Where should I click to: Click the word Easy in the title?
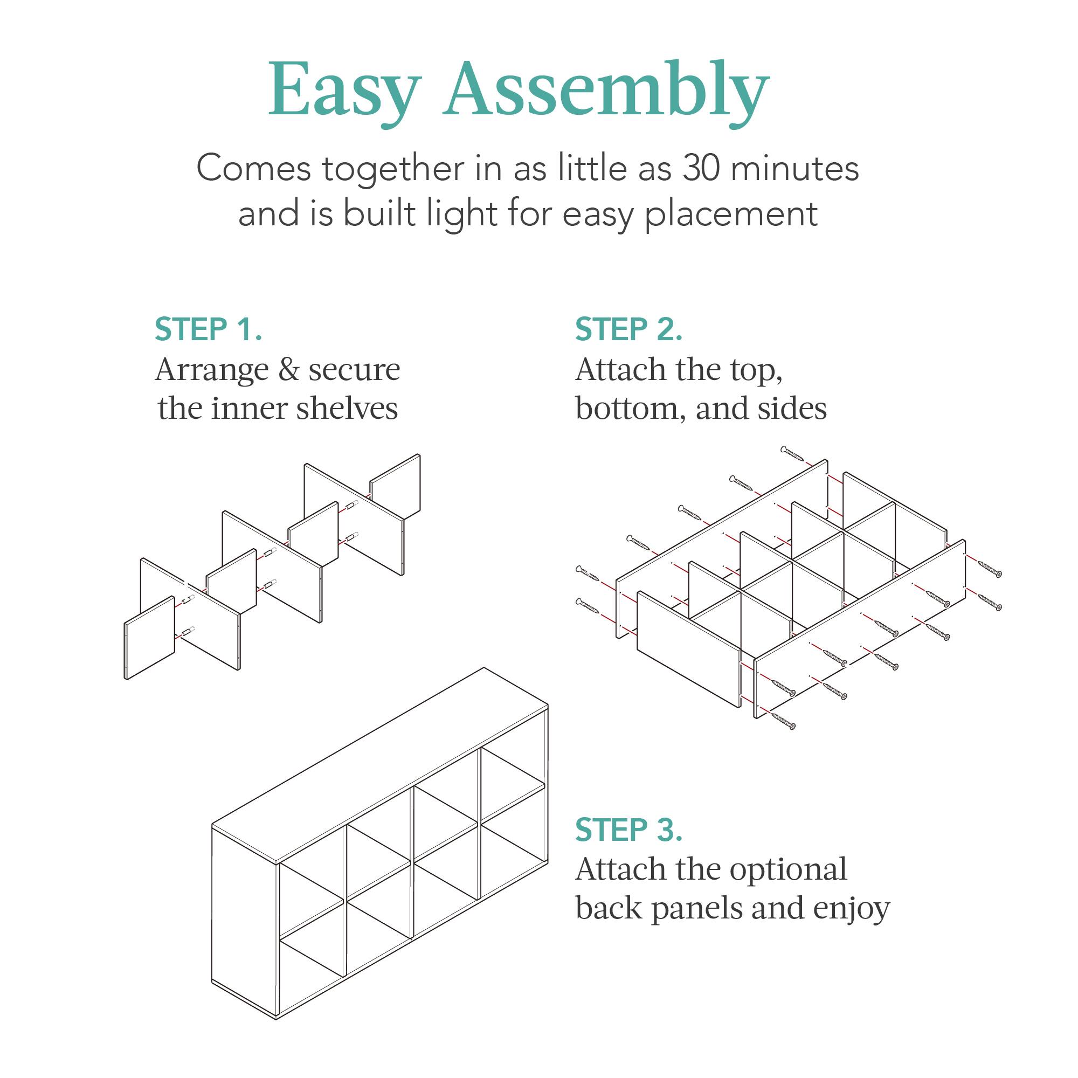(x=344, y=91)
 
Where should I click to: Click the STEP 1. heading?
(x=208, y=329)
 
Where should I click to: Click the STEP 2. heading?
(x=629, y=329)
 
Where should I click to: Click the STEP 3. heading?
(x=629, y=830)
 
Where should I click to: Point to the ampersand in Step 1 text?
(x=288, y=370)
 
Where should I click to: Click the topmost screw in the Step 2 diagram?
(x=792, y=453)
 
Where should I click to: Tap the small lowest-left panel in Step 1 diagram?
(x=149, y=638)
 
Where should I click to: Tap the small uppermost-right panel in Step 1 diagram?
(x=395, y=487)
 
